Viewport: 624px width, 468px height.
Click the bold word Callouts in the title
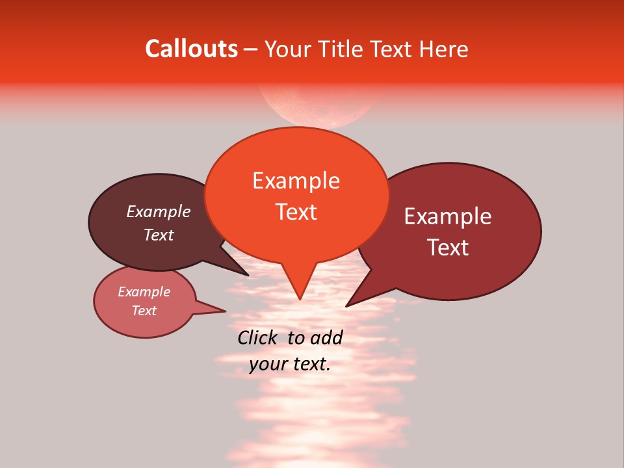pyautogui.click(x=191, y=49)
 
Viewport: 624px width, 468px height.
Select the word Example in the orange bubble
pyautogui.click(x=296, y=181)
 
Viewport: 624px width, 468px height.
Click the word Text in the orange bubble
pyautogui.click(x=296, y=212)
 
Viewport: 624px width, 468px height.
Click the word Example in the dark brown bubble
pyautogui.click(x=159, y=212)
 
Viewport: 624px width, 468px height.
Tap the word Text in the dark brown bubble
pyautogui.click(x=159, y=235)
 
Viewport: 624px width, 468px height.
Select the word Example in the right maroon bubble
pyautogui.click(x=448, y=216)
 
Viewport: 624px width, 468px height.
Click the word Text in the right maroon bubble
pyautogui.click(x=448, y=248)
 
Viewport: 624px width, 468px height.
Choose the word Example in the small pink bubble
pyautogui.click(x=144, y=292)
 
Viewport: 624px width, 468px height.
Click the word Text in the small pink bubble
pyautogui.click(x=144, y=311)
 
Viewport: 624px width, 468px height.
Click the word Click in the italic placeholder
pyautogui.click(x=258, y=337)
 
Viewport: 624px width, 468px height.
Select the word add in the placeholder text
pyautogui.click(x=326, y=337)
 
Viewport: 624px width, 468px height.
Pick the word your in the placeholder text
pyautogui.click(x=267, y=364)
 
